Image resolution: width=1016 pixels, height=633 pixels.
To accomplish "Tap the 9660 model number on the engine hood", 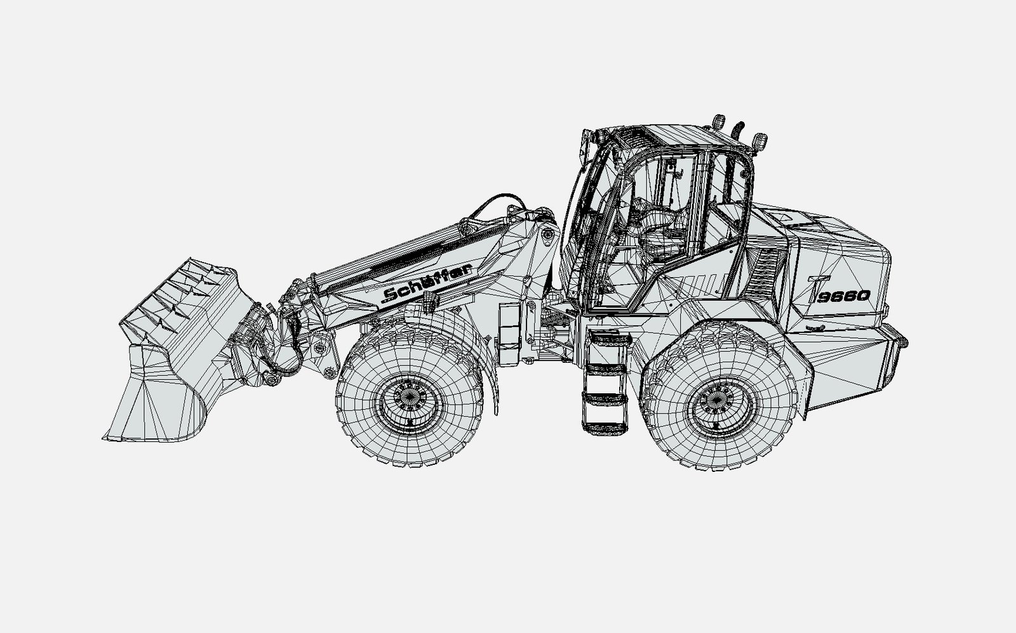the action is click(x=845, y=296).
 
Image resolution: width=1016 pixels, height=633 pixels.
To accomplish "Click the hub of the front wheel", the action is click(x=410, y=399).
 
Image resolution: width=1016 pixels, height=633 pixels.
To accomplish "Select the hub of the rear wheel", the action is click(x=718, y=402).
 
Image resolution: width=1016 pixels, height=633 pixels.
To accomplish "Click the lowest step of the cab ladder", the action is click(x=605, y=426).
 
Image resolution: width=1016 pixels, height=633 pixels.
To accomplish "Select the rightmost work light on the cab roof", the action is click(x=759, y=142).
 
